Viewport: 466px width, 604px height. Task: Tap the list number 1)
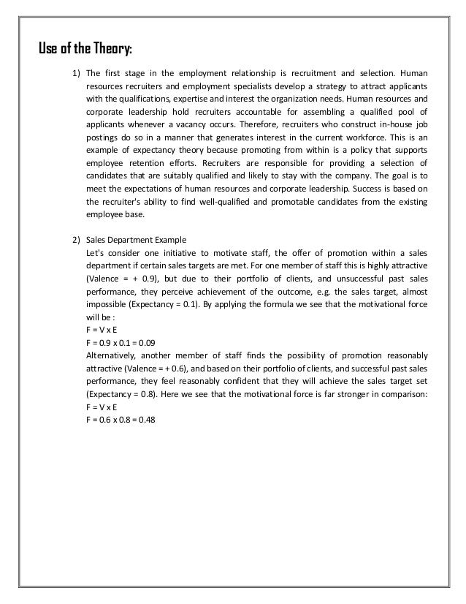(76, 74)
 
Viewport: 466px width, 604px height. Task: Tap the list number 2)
(76, 239)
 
